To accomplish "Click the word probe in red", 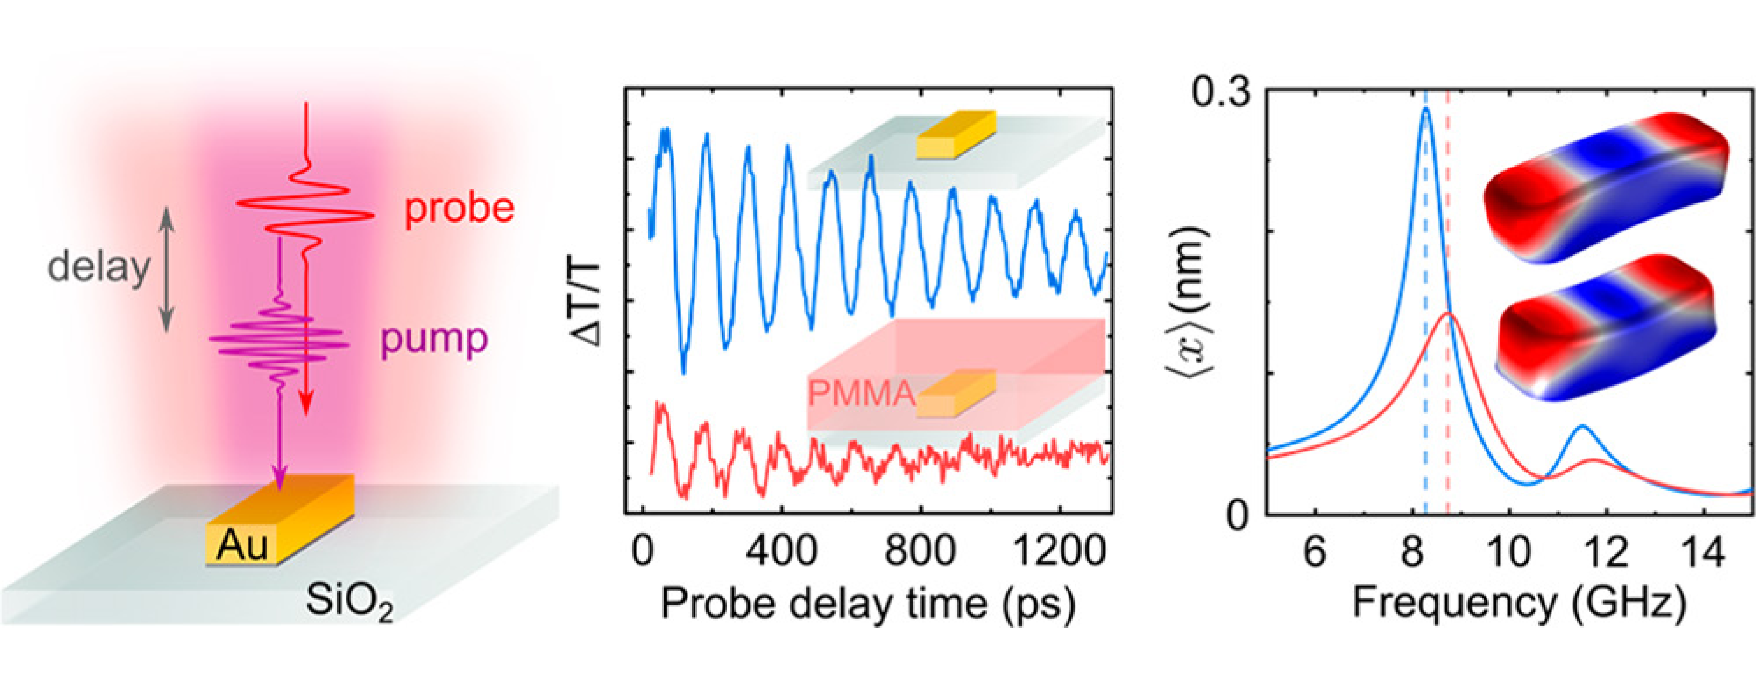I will coord(459,209).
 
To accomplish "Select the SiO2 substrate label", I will coord(350,601).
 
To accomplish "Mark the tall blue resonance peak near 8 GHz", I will coord(1425,110).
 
